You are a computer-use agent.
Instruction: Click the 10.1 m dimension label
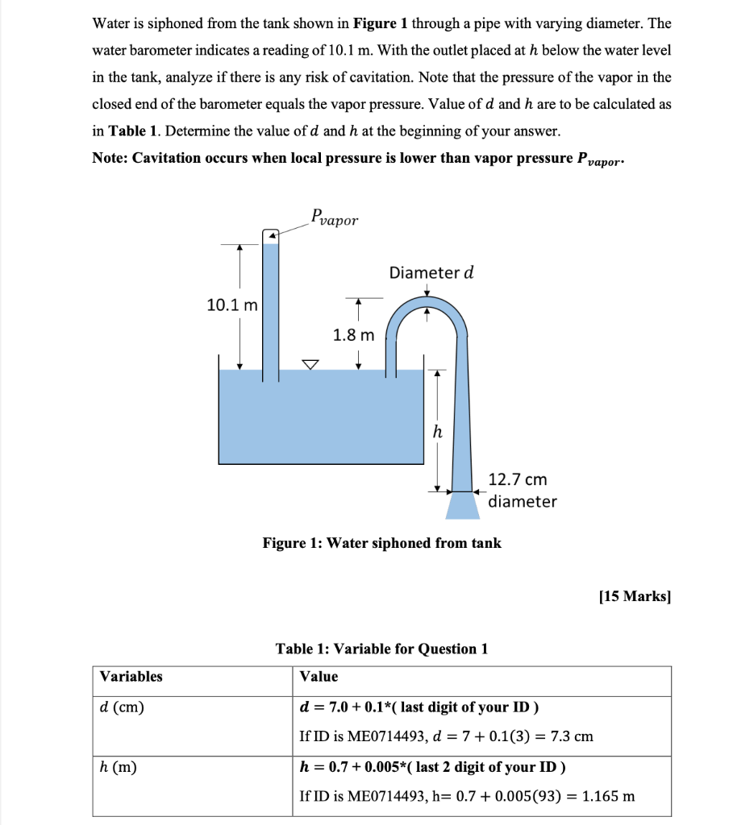pos(232,305)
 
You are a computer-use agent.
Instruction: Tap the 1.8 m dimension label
pos(353,334)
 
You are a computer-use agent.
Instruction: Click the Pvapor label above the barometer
pos(335,218)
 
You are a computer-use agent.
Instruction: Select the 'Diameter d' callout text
pos(431,272)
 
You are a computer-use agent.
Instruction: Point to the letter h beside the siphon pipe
pos(437,433)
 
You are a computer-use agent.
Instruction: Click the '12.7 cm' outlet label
pos(518,480)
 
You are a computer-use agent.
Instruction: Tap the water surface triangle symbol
pos(310,365)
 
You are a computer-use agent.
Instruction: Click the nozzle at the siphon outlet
pos(462,505)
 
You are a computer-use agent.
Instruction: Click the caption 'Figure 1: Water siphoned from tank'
pos(381,543)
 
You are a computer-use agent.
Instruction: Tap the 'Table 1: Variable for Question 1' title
pos(381,649)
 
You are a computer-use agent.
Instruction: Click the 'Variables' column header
pos(131,677)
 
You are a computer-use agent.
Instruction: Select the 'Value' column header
pos(319,677)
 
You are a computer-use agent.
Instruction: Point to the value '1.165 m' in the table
pos(607,796)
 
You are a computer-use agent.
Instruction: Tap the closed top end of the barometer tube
pos(271,235)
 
